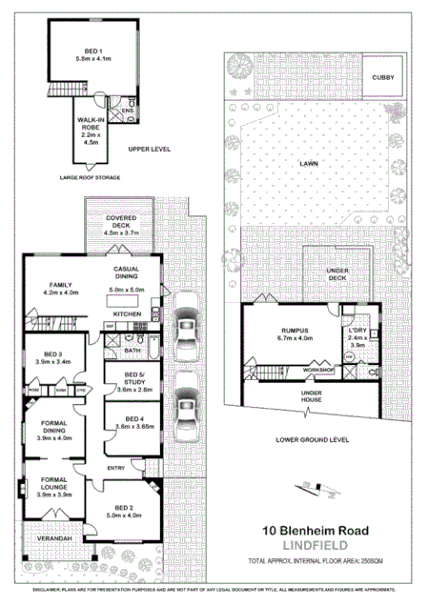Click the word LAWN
[308, 164]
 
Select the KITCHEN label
[128, 313]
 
